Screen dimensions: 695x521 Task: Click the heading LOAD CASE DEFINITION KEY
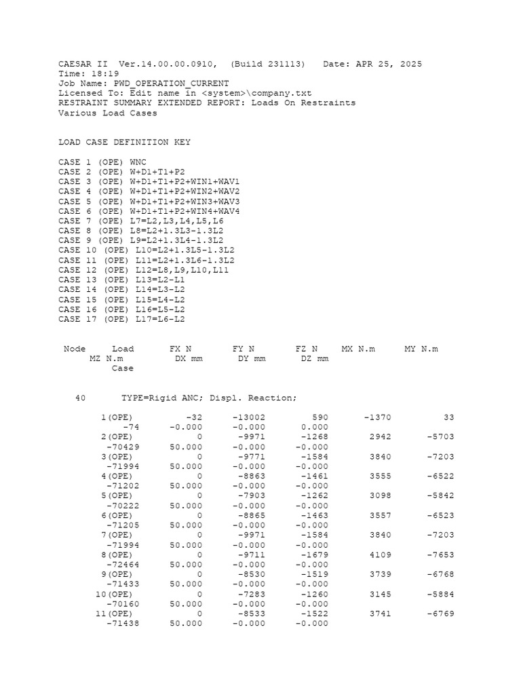point(125,143)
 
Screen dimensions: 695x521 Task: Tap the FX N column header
point(180,349)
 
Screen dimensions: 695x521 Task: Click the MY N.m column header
point(421,349)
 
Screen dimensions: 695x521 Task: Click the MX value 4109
point(380,555)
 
